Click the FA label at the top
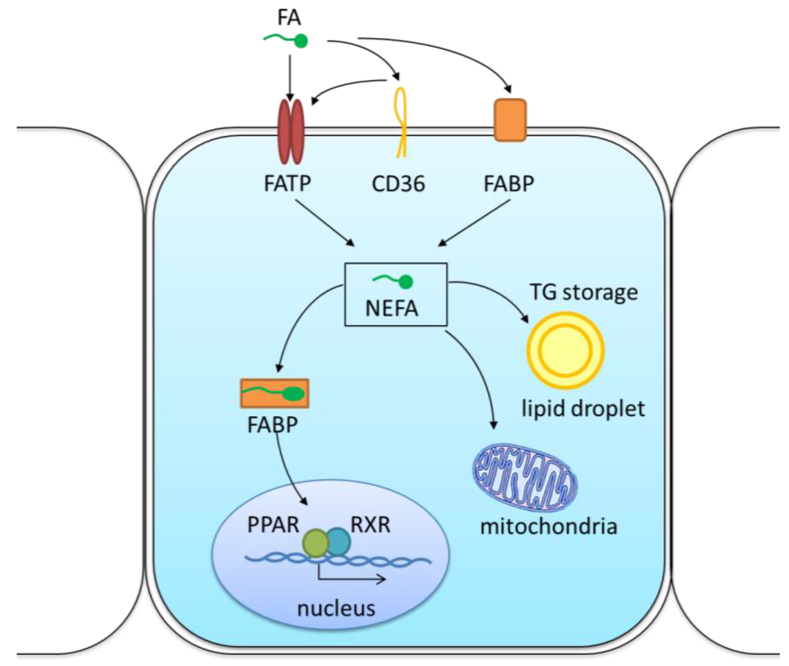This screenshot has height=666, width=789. pyautogui.click(x=289, y=17)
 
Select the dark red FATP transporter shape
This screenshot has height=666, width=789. pyautogui.click(x=291, y=132)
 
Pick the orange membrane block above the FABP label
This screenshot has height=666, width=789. pyautogui.click(x=510, y=120)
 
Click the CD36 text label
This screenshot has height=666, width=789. pyautogui.click(x=398, y=184)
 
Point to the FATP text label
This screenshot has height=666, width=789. pyautogui.click(x=287, y=184)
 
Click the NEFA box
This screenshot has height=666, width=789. pyautogui.click(x=395, y=294)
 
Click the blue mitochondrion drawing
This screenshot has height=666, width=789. pyautogui.click(x=525, y=478)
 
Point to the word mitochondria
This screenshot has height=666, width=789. pyautogui.click(x=548, y=526)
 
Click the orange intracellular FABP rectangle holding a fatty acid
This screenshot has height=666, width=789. pyautogui.click(x=275, y=393)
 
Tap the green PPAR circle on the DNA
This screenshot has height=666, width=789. pyautogui.click(x=315, y=543)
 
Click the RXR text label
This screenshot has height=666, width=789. pyautogui.click(x=370, y=525)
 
